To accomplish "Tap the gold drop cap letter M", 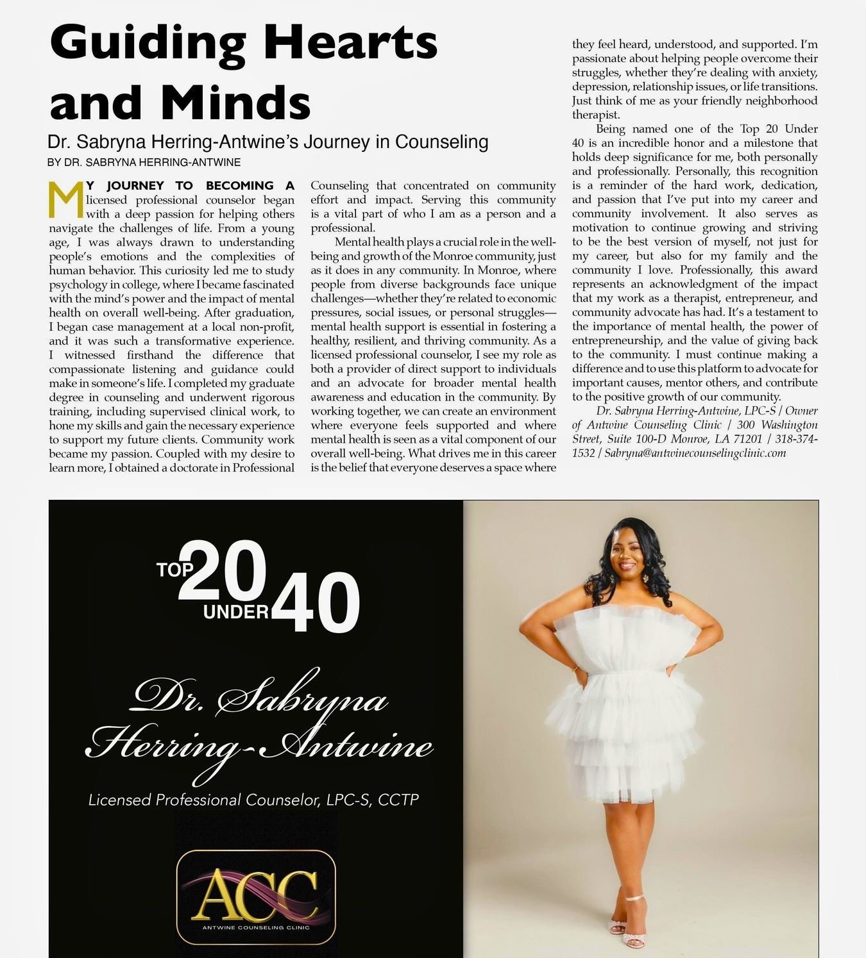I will pyautogui.click(x=67, y=200).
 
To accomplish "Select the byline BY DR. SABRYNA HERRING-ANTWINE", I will pyautogui.click(x=144, y=163).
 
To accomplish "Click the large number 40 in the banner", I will pyautogui.click(x=317, y=602).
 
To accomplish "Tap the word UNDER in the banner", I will pyautogui.click(x=236, y=612).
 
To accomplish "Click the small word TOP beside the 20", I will pyautogui.click(x=175, y=569).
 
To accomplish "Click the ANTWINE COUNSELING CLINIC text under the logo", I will pyautogui.click(x=256, y=927).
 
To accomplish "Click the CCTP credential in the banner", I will pyautogui.click(x=398, y=800).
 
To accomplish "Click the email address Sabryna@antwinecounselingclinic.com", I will pyautogui.click(x=695, y=453).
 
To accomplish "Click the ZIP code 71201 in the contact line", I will pyautogui.click(x=749, y=439).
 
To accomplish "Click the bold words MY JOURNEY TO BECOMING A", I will pyautogui.click(x=190, y=186).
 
